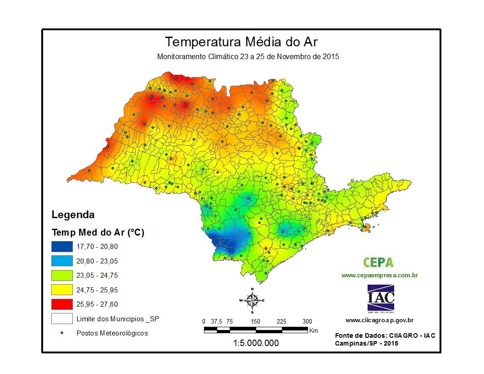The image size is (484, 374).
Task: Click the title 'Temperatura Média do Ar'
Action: (x=241, y=42)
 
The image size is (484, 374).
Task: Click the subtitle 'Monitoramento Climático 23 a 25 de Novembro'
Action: (x=247, y=57)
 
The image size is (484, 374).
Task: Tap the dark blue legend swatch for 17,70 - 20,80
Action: (x=62, y=247)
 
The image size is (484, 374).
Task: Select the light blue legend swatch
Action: (x=62, y=261)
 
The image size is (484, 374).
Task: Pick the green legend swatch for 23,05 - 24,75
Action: (x=62, y=275)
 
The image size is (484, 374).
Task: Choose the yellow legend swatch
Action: (x=62, y=290)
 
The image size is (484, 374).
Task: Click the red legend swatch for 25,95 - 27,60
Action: (x=62, y=304)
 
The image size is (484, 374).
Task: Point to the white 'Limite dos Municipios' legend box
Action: (x=62, y=318)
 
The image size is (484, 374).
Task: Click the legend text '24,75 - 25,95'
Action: (x=97, y=290)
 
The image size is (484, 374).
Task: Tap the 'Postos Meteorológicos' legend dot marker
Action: (x=62, y=333)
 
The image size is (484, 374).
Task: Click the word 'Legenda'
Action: (x=73, y=214)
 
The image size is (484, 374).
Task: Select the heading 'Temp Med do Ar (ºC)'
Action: (x=98, y=232)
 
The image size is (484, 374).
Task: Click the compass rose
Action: (x=252, y=300)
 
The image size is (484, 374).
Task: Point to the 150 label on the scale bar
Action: (x=255, y=321)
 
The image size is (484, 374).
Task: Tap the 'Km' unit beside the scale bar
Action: (x=314, y=330)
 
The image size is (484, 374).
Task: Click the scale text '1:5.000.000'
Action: (x=256, y=343)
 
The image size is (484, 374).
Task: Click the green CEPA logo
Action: (x=379, y=262)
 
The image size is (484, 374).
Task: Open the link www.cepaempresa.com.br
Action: (x=379, y=275)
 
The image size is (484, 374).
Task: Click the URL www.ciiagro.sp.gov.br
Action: (x=379, y=320)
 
